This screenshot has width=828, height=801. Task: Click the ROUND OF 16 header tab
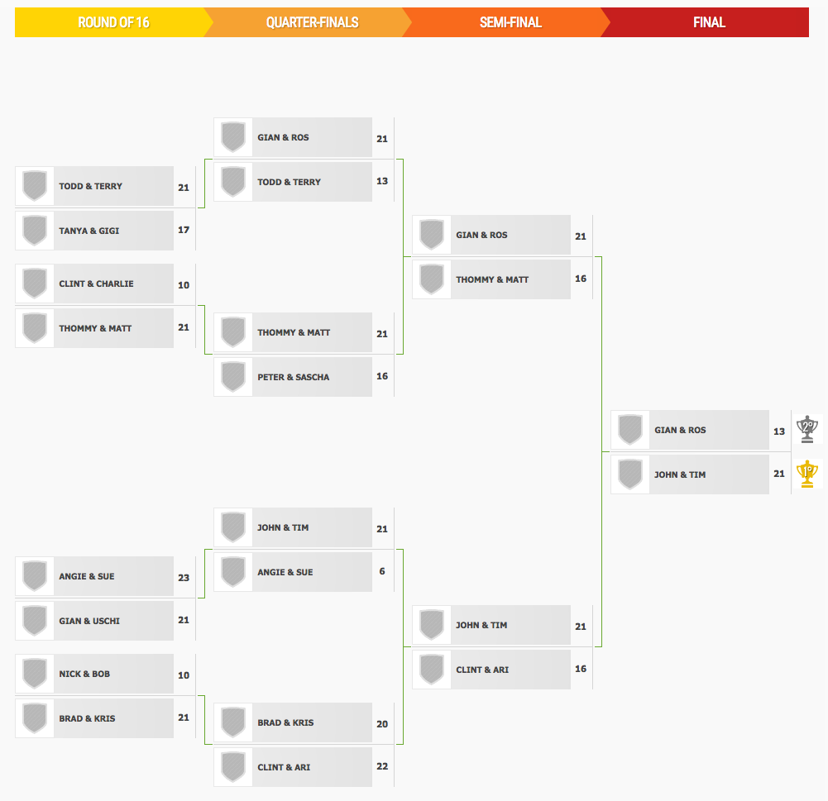pyautogui.click(x=113, y=22)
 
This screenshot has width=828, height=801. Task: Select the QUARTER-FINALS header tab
pyautogui.click(x=312, y=22)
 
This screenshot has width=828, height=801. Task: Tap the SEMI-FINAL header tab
pyautogui.click(x=510, y=22)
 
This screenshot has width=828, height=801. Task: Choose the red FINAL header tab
pyautogui.click(x=709, y=22)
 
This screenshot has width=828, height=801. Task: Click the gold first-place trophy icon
pyautogui.click(x=806, y=474)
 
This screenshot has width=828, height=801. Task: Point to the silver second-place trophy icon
pyautogui.click(x=806, y=429)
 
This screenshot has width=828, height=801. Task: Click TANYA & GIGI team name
pyautogui.click(x=89, y=231)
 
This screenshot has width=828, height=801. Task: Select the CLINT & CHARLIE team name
pyautogui.click(x=96, y=284)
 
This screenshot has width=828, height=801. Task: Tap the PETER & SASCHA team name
pyautogui.click(x=293, y=377)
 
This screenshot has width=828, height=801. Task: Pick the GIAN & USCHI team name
pyautogui.click(x=89, y=621)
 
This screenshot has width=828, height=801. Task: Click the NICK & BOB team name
pyautogui.click(x=84, y=674)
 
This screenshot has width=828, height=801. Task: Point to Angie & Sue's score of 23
pyautogui.click(x=184, y=577)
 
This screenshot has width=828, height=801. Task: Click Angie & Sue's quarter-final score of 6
pyautogui.click(x=382, y=571)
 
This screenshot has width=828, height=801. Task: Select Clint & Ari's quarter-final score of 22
pyautogui.click(x=382, y=766)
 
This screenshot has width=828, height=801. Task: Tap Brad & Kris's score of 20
pyautogui.click(x=382, y=724)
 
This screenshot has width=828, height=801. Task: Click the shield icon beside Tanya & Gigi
pyautogui.click(x=35, y=231)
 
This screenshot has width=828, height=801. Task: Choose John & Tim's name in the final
pyautogui.click(x=680, y=474)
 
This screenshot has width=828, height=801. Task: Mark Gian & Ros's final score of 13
pyautogui.click(x=779, y=431)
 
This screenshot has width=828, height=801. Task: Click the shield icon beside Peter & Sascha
pyautogui.click(x=233, y=377)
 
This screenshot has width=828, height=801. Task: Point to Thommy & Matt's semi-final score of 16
pyautogui.click(x=581, y=278)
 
